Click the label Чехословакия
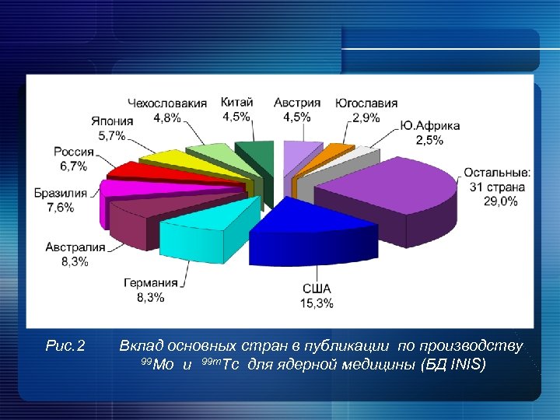pos(167,103)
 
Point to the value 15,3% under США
pos(317,303)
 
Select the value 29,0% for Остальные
pos(499,201)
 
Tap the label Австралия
pos(75,247)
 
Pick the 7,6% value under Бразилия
pos(60,207)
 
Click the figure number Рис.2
pos(66,345)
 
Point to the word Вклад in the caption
pos(138,345)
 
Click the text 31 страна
pos(497,187)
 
